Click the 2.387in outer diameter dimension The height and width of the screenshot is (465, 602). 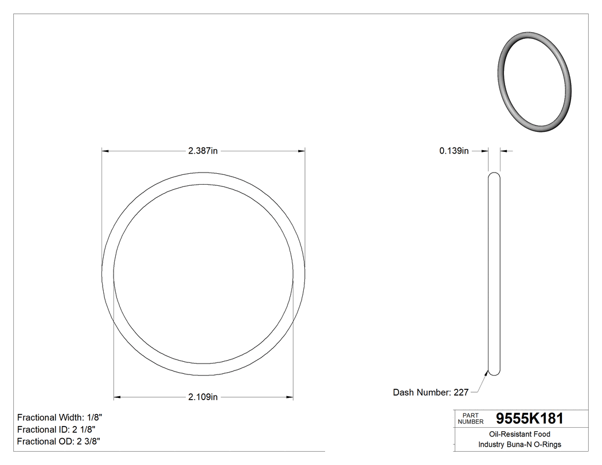(x=203, y=151)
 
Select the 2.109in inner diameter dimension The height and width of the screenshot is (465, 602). (x=203, y=397)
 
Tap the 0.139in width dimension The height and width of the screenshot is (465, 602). (x=454, y=151)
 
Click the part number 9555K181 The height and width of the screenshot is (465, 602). (x=529, y=419)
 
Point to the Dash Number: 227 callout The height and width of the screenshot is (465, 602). (x=431, y=393)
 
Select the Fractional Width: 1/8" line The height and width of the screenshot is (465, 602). (x=60, y=417)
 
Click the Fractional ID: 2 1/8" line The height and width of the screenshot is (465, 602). (x=56, y=429)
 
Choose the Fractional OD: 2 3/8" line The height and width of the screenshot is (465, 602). (x=58, y=441)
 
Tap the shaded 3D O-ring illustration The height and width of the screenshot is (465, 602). (x=534, y=83)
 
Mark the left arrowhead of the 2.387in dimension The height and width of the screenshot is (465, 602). (x=105, y=151)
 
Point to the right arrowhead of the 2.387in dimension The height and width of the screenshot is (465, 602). (x=301, y=151)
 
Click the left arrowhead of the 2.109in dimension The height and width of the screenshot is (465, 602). (x=118, y=397)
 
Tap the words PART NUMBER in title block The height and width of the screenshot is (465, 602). (x=471, y=419)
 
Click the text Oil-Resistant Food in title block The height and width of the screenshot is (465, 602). (x=519, y=435)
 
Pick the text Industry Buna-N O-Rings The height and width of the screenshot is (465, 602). (x=519, y=444)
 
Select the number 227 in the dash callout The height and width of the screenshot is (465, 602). (x=461, y=393)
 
